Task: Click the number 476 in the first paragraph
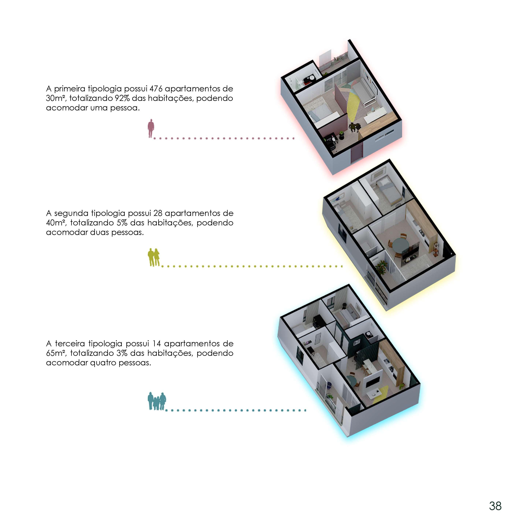point(156,89)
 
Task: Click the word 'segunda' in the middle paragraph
point(71,213)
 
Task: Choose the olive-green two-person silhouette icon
point(154,257)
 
